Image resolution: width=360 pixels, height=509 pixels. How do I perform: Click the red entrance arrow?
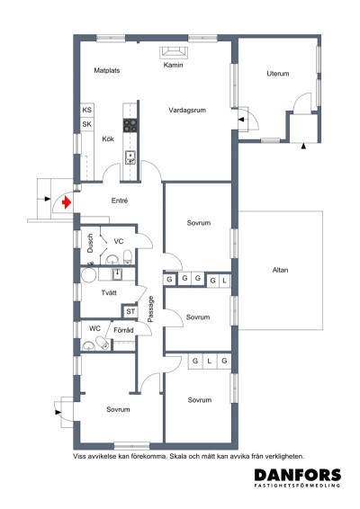coord(67,202)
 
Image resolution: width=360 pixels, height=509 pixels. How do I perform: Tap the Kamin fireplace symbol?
coord(174,52)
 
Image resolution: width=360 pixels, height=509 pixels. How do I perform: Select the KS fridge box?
coord(87,110)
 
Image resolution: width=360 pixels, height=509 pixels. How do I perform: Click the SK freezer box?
coord(87,124)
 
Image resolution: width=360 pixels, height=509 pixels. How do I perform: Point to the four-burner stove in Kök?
coord(130,125)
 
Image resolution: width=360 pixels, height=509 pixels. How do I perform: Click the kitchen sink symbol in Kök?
coord(130,157)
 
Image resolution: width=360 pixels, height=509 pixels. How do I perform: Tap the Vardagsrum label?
coord(187,110)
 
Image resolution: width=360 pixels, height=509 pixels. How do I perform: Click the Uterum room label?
coord(278,74)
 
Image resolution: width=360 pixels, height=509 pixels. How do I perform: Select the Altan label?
coord(280,270)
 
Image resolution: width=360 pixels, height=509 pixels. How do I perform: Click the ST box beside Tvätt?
coord(130,312)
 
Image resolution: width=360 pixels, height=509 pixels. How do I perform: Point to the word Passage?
coord(150,308)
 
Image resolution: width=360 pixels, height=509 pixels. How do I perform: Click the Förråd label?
coord(123,330)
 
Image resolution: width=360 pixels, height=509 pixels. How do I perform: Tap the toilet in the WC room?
coord(103,343)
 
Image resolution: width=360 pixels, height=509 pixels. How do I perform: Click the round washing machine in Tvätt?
coord(88,275)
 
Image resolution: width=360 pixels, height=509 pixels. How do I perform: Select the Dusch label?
coord(90,243)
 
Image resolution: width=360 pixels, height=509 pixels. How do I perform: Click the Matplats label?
coord(107,70)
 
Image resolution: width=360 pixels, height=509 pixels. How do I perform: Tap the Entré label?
coord(120,201)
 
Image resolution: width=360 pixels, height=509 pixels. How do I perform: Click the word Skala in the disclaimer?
coord(179,457)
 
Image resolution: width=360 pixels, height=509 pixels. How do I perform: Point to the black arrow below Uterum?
coord(303,147)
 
